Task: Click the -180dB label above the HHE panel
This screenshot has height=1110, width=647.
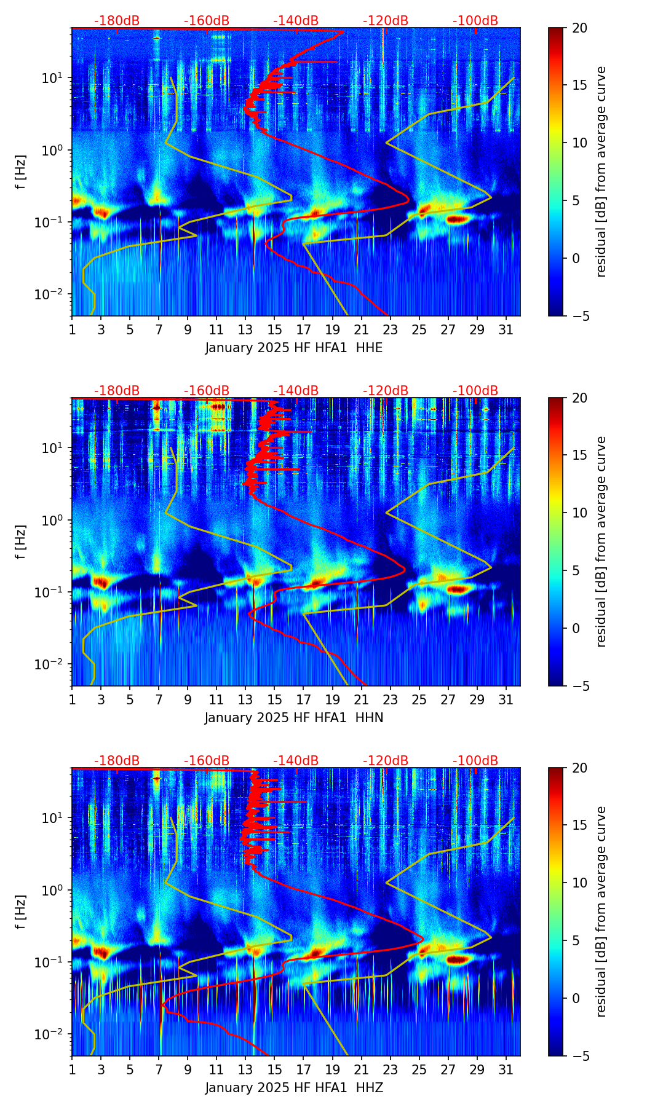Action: click(x=117, y=21)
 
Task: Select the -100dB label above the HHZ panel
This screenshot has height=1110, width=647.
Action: click(x=475, y=761)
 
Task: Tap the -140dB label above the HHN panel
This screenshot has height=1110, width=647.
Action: click(x=296, y=391)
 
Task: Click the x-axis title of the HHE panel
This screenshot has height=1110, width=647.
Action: click(x=294, y=348)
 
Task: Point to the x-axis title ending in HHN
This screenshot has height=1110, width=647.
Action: click(x=294, y=718)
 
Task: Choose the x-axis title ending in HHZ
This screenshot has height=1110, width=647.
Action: click(x=294, y=1088)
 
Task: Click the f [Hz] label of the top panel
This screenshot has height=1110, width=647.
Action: click(x=21, y=172)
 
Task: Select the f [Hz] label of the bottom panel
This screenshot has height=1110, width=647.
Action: click(x=21, y=912)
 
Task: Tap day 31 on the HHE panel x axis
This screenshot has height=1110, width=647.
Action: click(x=506, y=329)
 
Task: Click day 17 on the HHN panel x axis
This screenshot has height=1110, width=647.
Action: click(x=304, y=699)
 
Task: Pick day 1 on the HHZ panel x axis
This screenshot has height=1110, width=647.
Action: click(x=72, y=1069)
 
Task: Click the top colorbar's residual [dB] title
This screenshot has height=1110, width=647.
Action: click(x=601, y=172)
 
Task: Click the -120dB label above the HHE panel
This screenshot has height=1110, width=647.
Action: click(x=386, y=21)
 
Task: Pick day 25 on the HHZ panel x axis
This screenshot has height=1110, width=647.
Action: click(x=419, y=1069)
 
